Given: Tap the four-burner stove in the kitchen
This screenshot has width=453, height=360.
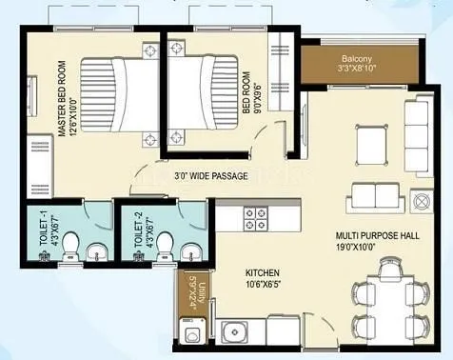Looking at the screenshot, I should point(256,223).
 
